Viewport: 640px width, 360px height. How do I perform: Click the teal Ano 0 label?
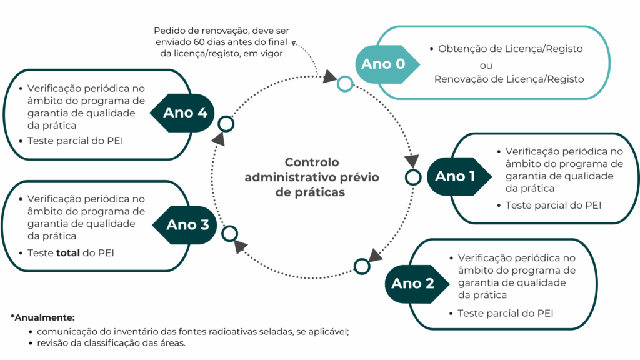click(x=384, y=64)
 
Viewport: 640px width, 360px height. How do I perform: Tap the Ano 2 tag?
click(x=412, y=284)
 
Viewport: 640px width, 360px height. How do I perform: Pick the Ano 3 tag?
click(x=187, y=225)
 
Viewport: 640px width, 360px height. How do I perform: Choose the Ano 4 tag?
click(x=185, y=113)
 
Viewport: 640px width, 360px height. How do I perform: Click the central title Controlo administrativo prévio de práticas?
click(x=311, y=177)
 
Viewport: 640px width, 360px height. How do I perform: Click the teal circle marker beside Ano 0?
click(x=344, y=84)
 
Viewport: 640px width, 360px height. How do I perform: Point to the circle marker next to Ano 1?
click(x=413, y=177)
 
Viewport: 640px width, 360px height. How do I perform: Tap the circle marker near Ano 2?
click(x=362, y=266)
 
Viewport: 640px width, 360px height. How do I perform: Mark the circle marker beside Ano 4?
click(x=226, y=124)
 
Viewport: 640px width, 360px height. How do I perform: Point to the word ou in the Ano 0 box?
click(x=486, y=64)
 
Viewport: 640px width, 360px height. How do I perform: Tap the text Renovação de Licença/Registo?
click(x=509, y=79)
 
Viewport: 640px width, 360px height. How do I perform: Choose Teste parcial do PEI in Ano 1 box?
click(x=553, y=205)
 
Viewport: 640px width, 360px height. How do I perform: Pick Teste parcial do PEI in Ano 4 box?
click(x=75, y=141)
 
